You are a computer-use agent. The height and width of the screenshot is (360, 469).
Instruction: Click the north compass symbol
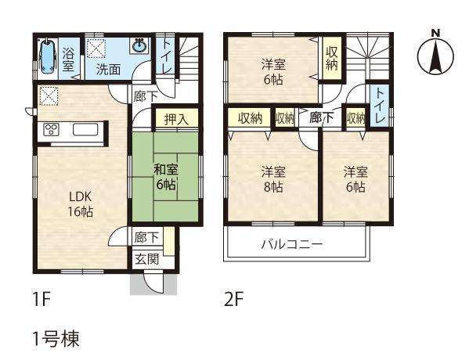tap(436, 54)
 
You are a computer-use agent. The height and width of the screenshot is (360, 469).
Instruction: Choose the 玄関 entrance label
tap(146, 258)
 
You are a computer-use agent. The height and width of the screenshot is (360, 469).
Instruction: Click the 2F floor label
tap(233, 299)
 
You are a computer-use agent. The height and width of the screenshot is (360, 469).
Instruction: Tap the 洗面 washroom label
tap(108, 68)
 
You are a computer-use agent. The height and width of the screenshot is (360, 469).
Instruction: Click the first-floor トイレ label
tap(167, 59)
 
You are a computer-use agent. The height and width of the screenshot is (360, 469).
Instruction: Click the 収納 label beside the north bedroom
tap(332, 58)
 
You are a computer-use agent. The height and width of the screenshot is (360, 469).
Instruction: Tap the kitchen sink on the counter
tap(85, 130)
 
